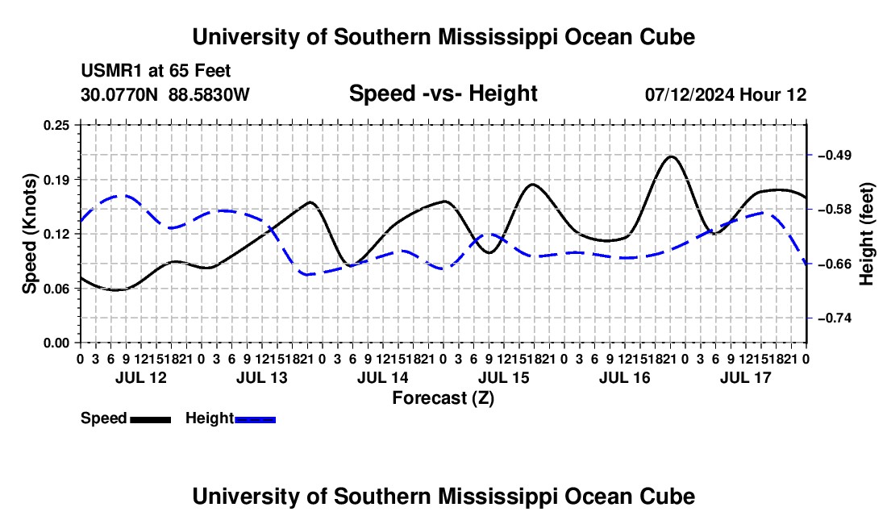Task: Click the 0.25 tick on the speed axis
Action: click(56, 125)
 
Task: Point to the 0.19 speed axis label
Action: click(56, 180)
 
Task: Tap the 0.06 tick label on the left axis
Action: click(56, 289)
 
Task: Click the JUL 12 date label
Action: click(141, 377)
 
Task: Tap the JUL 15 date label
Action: click(504, 377)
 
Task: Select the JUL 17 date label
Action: click(746, 377)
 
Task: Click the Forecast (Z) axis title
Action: click(443, 398)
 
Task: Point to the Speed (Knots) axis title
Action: click(29, 234)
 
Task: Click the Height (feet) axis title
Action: click(867, 234)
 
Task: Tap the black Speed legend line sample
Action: click(151, 420)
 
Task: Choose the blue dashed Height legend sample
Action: click(255, 420)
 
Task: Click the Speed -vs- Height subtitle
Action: click(443, 94)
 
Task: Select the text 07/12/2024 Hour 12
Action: click(726, 94)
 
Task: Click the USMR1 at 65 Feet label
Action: click(156, 71)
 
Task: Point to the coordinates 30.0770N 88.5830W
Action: click(165, 94)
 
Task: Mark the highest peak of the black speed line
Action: click(672, 156)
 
